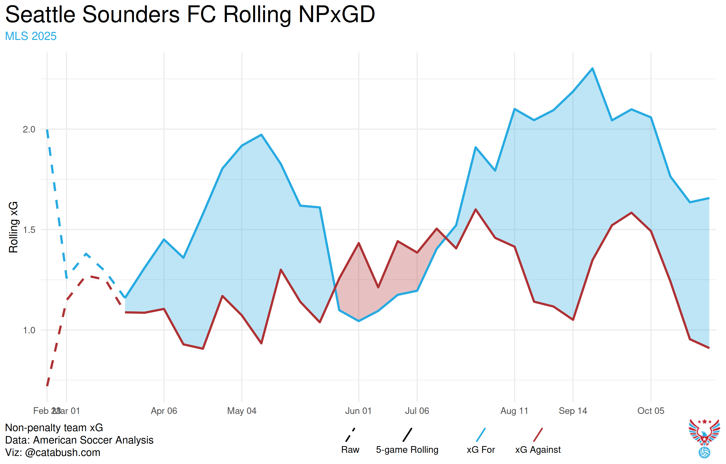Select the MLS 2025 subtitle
click(x=31, y=36)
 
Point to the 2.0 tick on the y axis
click(x=29, y=129)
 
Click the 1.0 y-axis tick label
click(x=29, y=330)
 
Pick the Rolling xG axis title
click(x=13, y=227)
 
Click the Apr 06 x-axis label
click(x=164, y=411)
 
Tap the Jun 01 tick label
click(x=358, y=411)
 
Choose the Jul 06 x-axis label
click(x=417, y=411)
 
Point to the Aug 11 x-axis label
click(x=514, y=411)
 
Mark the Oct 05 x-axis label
click(x=651, y=411)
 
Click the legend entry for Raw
click(x=350, y=450)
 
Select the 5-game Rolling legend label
click(x=407, y=450)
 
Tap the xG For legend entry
click(x=481, y=450)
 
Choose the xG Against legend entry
click(x=538, y=450)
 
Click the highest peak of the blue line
click(x=592, y=68)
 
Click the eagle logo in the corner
click(x=704, y=437)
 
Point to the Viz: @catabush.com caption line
click(x=53, y=453)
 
